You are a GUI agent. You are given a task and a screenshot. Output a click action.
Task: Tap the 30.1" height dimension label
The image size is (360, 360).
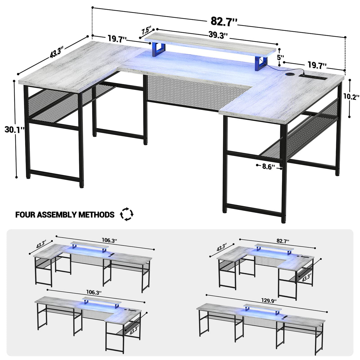tap(15, 129)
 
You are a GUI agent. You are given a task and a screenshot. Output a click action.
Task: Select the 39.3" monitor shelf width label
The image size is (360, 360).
tap(218, 35)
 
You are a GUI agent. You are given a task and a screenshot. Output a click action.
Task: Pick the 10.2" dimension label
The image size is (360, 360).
tap(351, 96)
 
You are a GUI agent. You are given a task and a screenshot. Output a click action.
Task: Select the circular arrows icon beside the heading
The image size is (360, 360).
tap(127, 214)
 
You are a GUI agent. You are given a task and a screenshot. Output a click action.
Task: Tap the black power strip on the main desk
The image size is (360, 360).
tap(313, 77)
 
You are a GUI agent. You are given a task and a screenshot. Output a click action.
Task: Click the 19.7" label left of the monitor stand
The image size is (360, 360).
tap(117, 39)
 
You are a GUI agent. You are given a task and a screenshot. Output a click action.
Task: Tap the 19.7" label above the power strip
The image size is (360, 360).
tap(317, 65)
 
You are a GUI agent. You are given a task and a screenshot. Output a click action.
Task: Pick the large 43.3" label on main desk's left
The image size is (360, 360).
tap(55, 53)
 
